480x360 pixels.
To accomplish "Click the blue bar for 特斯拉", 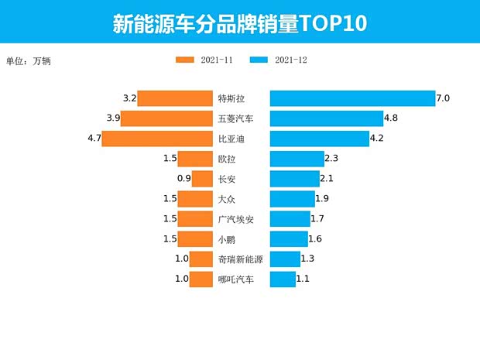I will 352,98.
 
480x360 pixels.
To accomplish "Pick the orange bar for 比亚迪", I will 157,139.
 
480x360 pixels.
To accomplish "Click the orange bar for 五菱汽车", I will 166,118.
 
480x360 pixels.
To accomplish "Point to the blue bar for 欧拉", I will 297,159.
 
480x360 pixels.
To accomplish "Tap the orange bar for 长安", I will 202,179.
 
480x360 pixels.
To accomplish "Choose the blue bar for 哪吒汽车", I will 283,279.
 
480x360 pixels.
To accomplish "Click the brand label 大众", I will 227,200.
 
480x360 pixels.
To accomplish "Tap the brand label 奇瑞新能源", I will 240,259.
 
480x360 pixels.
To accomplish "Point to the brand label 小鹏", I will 227,240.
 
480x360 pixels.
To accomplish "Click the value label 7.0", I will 443,98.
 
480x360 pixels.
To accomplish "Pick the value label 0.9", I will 184,179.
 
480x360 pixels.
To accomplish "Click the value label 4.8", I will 391,118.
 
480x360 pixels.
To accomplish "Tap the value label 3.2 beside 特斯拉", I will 130,98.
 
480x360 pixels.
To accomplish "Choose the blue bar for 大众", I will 292,199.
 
